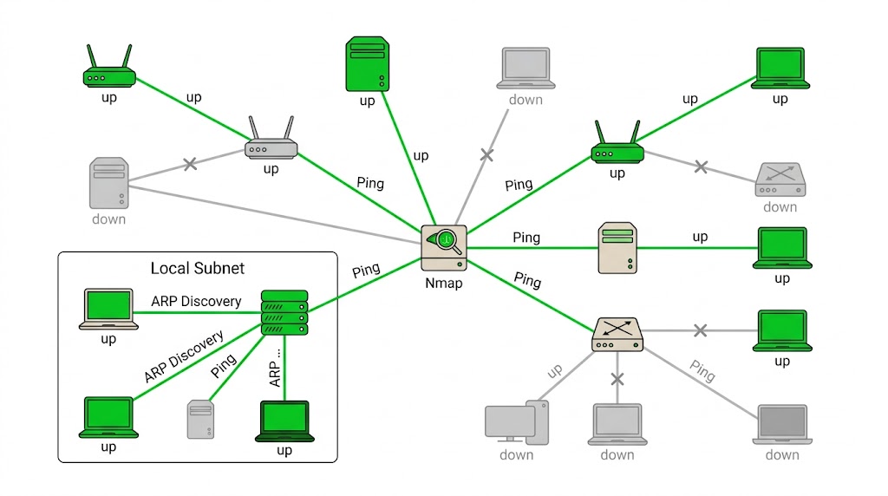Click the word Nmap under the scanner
click(443, 283)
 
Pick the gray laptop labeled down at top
click(526, 69)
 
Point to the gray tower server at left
click(109, 183)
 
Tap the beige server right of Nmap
click(617, 248)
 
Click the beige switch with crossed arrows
click(617, 334)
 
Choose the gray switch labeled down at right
click(780, 179)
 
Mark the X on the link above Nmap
click(487, 154)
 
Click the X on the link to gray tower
click(190, 164)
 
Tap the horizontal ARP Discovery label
click(196, 301)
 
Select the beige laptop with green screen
click(108, 310)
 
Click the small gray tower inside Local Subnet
click(200, 420)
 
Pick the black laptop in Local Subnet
click(284, 421)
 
